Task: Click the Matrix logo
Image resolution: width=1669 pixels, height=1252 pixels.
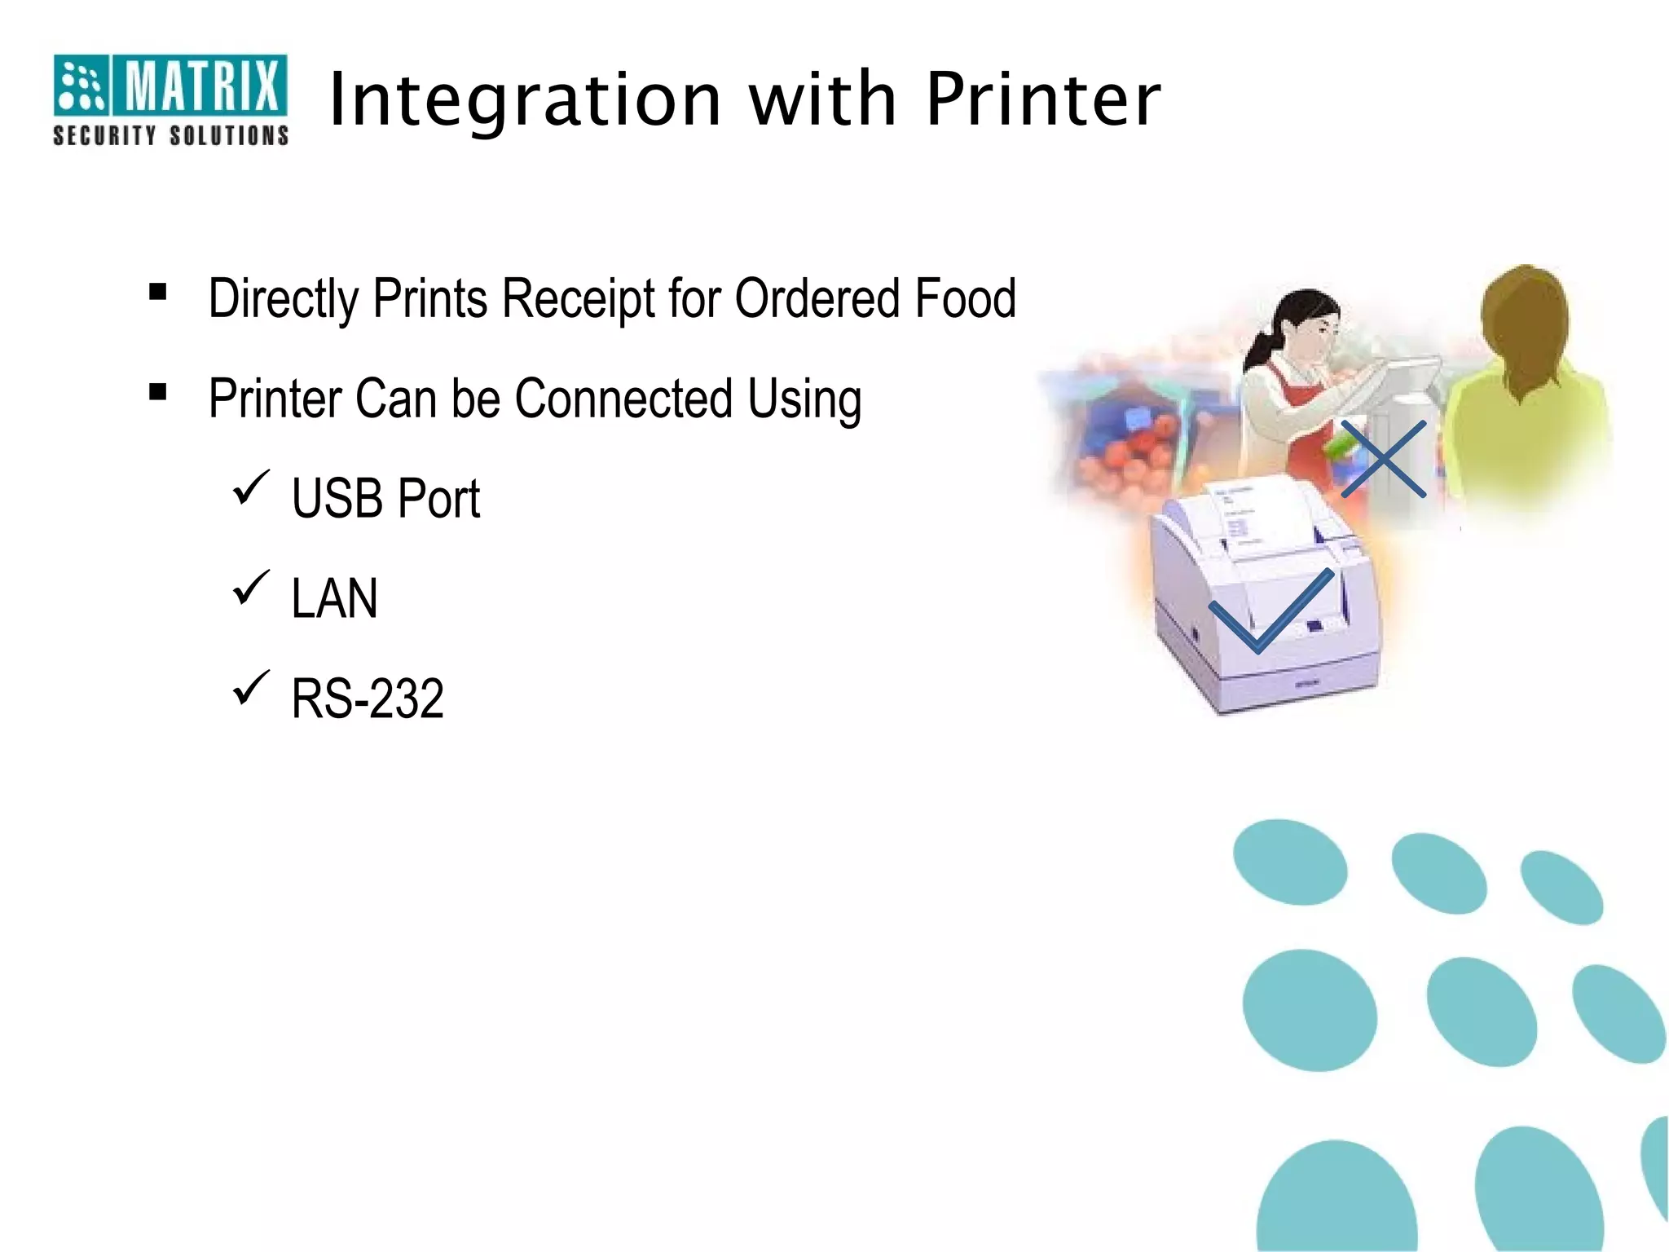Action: pyautogui.click(x=170, y=84)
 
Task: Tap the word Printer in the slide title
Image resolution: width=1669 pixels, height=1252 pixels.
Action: pyautogui.click(x=1043, y=99)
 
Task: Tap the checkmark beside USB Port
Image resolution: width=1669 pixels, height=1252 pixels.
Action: pyautogui.click(x=251, y=487)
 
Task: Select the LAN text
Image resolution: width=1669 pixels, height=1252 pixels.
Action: pyautogui.click(x=335, y=598)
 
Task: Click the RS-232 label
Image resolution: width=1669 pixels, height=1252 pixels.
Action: pyautogui.click(x=368, y=699)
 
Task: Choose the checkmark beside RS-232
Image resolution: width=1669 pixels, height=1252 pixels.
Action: pyautogui.click(x=251, y=688)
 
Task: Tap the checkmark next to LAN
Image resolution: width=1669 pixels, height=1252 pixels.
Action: pyautogui.click(x=251, y=588)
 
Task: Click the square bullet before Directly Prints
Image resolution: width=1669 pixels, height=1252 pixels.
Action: pyautogui.click(x=158, y=292)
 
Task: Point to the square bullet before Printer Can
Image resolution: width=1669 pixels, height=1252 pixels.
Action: pyautogui.click(x=158, y=393)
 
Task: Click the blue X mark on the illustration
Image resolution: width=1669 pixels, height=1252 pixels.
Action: pyautogui.click(x=1383, y=459)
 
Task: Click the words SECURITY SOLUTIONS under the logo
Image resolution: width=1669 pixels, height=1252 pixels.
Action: pyautogui.click(x=170, y=135)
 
